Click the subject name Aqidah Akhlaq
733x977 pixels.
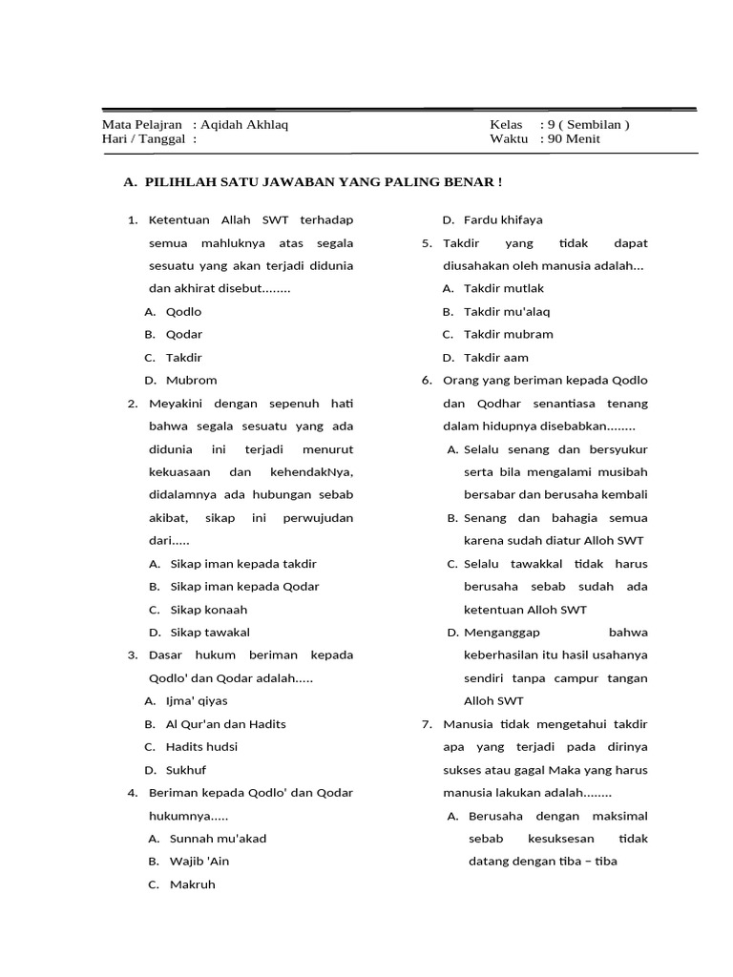[244, 124]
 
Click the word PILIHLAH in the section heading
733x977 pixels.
[178, 181]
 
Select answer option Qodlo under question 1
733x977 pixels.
[184, 311]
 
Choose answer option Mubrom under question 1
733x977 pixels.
[191, 380]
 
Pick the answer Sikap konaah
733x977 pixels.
[208, 609]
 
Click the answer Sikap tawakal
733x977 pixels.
[210, 632]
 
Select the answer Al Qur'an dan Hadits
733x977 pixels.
[227, 723]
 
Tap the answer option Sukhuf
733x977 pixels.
[187, 769]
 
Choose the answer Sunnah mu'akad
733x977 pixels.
[218, 838]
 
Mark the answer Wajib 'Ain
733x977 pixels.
[199, 861]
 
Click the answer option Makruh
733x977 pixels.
[193, 883]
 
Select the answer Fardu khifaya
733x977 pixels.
[503, 219]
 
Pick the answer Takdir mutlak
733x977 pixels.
[503, 288]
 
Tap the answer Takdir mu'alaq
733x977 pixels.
[507, 311]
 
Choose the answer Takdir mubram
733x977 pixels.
[508, 334]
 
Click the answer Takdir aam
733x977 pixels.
[495, 357]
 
